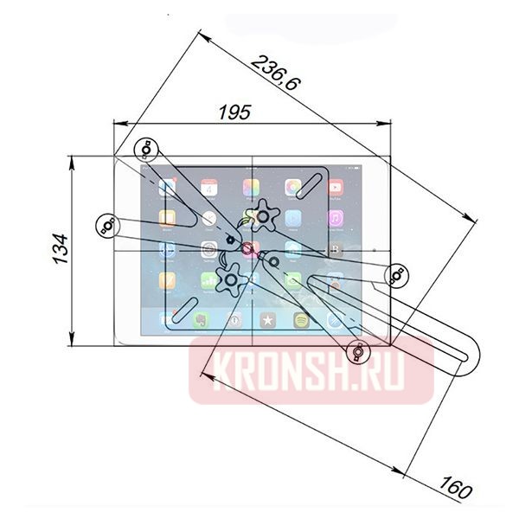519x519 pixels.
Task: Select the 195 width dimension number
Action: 234,112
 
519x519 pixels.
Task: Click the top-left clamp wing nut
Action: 147,148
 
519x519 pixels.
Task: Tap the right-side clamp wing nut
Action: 397,275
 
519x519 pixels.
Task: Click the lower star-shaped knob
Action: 232,279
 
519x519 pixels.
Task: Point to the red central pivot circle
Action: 248,250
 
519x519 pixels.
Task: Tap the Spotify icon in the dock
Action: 302,319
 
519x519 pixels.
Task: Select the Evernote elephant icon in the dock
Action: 201,319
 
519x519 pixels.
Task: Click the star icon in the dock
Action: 268,319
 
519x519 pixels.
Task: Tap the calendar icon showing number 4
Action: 208,188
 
